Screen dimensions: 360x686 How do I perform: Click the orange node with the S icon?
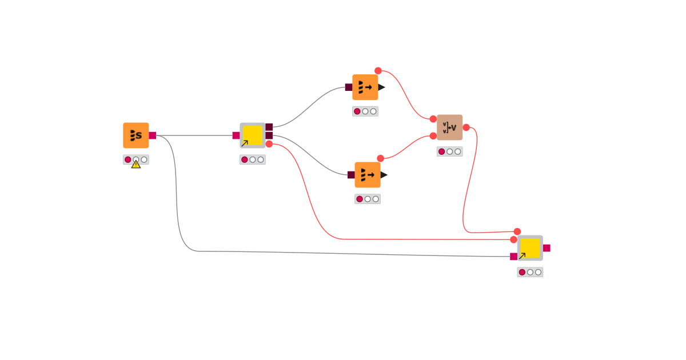(135, 135)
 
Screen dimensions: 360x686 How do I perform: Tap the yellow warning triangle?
(135, 164)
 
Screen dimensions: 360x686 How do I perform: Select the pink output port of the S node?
(152, 135)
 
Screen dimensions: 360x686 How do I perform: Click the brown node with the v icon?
(449, 127)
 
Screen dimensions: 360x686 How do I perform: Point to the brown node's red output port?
(466, 127)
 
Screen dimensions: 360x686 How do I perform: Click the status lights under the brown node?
(449, 151)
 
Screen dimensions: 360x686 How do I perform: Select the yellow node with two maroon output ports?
(252, 135)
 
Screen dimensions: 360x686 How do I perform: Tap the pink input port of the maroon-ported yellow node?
(236, 135)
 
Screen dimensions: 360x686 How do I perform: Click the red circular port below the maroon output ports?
(269, 144)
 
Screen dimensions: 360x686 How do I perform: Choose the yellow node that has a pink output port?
(530, 248)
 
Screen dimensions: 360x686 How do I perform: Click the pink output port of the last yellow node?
(547, 248)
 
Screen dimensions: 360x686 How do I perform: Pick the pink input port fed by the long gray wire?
(513, 257)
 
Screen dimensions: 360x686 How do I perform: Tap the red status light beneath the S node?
(128, 159)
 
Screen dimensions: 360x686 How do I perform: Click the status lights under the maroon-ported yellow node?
(252, 159)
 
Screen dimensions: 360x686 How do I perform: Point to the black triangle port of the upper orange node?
(381, 87)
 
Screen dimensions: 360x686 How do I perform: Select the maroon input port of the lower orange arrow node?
(351, 175)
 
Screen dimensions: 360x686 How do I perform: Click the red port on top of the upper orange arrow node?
(378, 71)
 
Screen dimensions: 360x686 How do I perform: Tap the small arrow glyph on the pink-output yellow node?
(522, 256)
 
